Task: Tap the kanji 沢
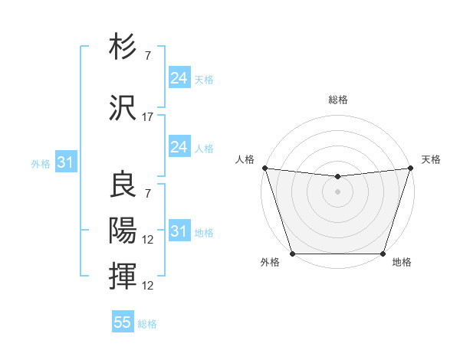click(x=123, y=107)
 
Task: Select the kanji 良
click(x=123, y=185)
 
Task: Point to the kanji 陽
click(x=123, y=229)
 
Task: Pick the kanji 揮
click(x=123, y=275)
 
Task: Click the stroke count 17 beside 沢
click(x=148, y=117)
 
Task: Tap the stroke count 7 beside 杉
click(x=148, y=57)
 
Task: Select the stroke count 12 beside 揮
click(x=148, y=286)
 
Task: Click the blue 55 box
click(x=123, y=322)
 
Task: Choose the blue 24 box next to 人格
click(x=179, y=147)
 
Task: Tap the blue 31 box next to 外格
click(x=65, y=162)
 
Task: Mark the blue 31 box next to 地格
click(x=179, y=231)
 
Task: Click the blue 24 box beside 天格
click(x=179, y=78)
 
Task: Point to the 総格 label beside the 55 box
click(x=147, y=324)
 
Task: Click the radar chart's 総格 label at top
click(x=337, y=100)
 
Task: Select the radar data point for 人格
click(x=264, y=168)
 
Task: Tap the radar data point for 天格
click(x=410, y=168)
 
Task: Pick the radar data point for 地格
click(x=383, y=254)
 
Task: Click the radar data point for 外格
click(x=292, y=254)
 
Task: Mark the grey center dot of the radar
click(x=337, y=191)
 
